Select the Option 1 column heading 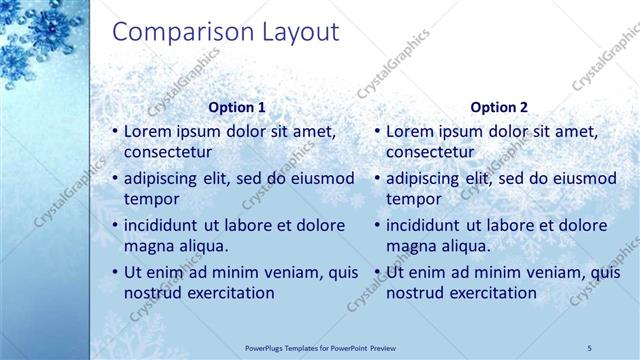pyautogui.click(x=237, y=107)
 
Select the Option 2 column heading pyautogui.click(x=498, y=107)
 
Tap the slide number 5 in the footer pyautogui.click(x=589, y=346)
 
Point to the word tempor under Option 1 pyautogui.click(x=150, y=199)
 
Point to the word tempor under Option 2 pyautogui.click(x=412, y=199)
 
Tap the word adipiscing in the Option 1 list pyautogui.click(x=165, y=179)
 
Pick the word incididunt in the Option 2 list pyautogui.click(x=427, y=226)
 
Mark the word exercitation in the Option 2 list pyautogui.click(x=490, y=293)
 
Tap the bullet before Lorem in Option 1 pyautogui.click(x=115, y=131)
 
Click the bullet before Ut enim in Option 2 pyautogui.click(x=377, y=272)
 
